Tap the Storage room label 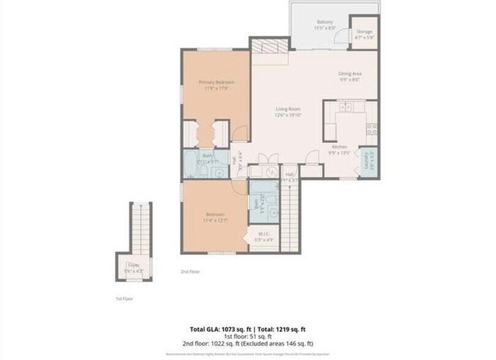tap(364, 32)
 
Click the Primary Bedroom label tap(216, 81)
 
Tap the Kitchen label tap(340, 147)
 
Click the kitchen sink tap(346, 107)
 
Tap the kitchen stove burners tap(370, 129)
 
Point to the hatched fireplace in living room tap(269, 47)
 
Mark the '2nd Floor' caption tap(190, 271)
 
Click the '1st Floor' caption tap(124, 299)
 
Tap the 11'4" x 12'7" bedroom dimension tap(215, 221)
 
